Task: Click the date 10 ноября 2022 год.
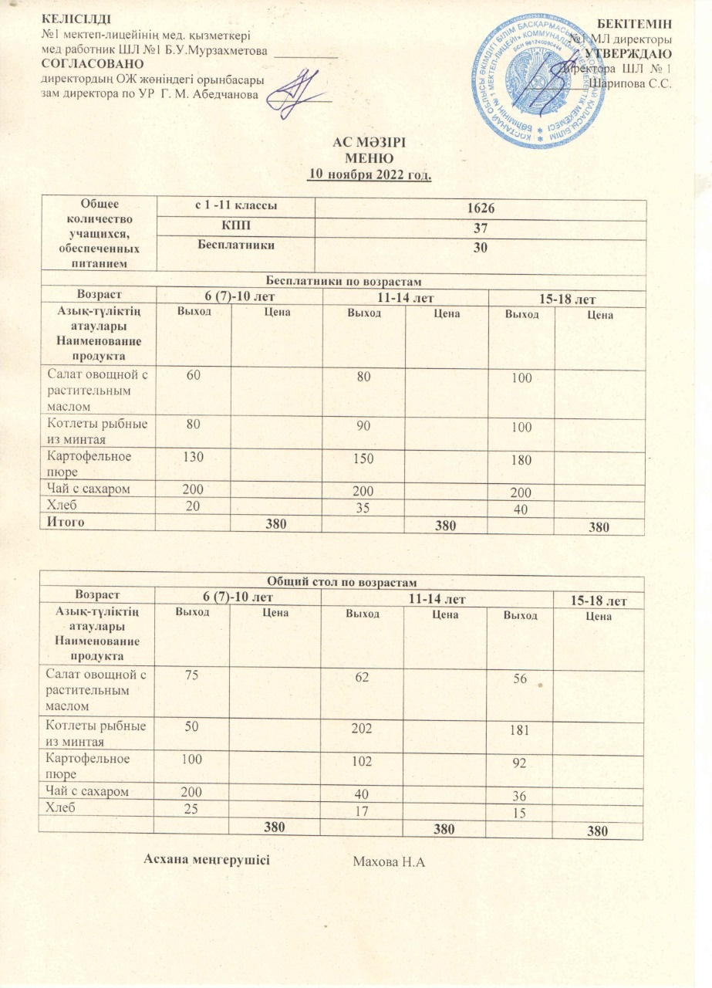(x=369, y=174)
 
